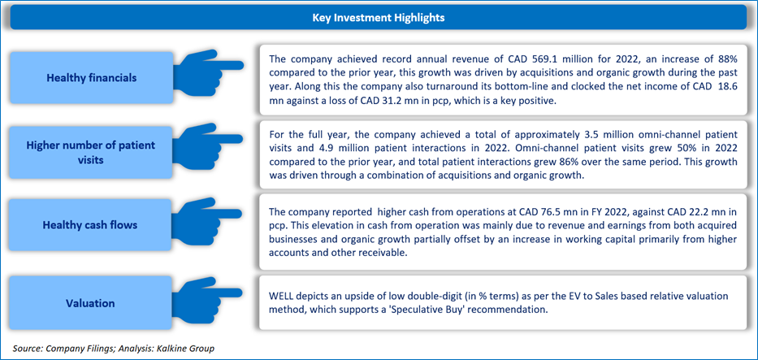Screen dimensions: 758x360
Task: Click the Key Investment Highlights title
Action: tap(379, 18)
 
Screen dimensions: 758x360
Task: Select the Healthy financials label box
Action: tap(92, 77)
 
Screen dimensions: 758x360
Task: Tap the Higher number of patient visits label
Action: tap(92, 152)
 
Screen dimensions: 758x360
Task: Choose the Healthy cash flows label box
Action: tap(92, 225)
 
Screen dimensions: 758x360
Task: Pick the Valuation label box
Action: tap(92, 303)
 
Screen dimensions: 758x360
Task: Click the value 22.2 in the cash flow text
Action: tap(696, 211)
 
